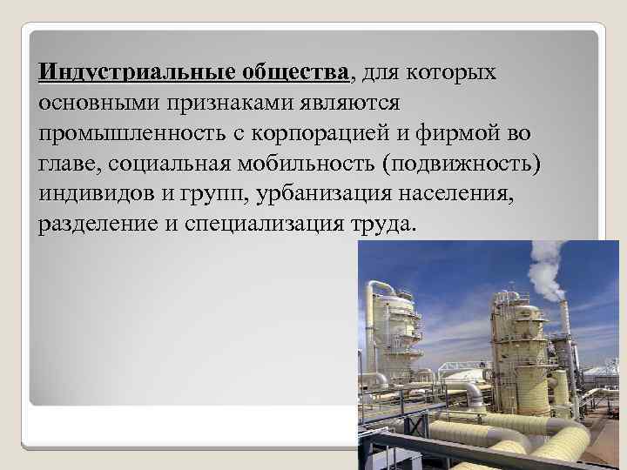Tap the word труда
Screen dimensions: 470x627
click(x=381, y=224)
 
